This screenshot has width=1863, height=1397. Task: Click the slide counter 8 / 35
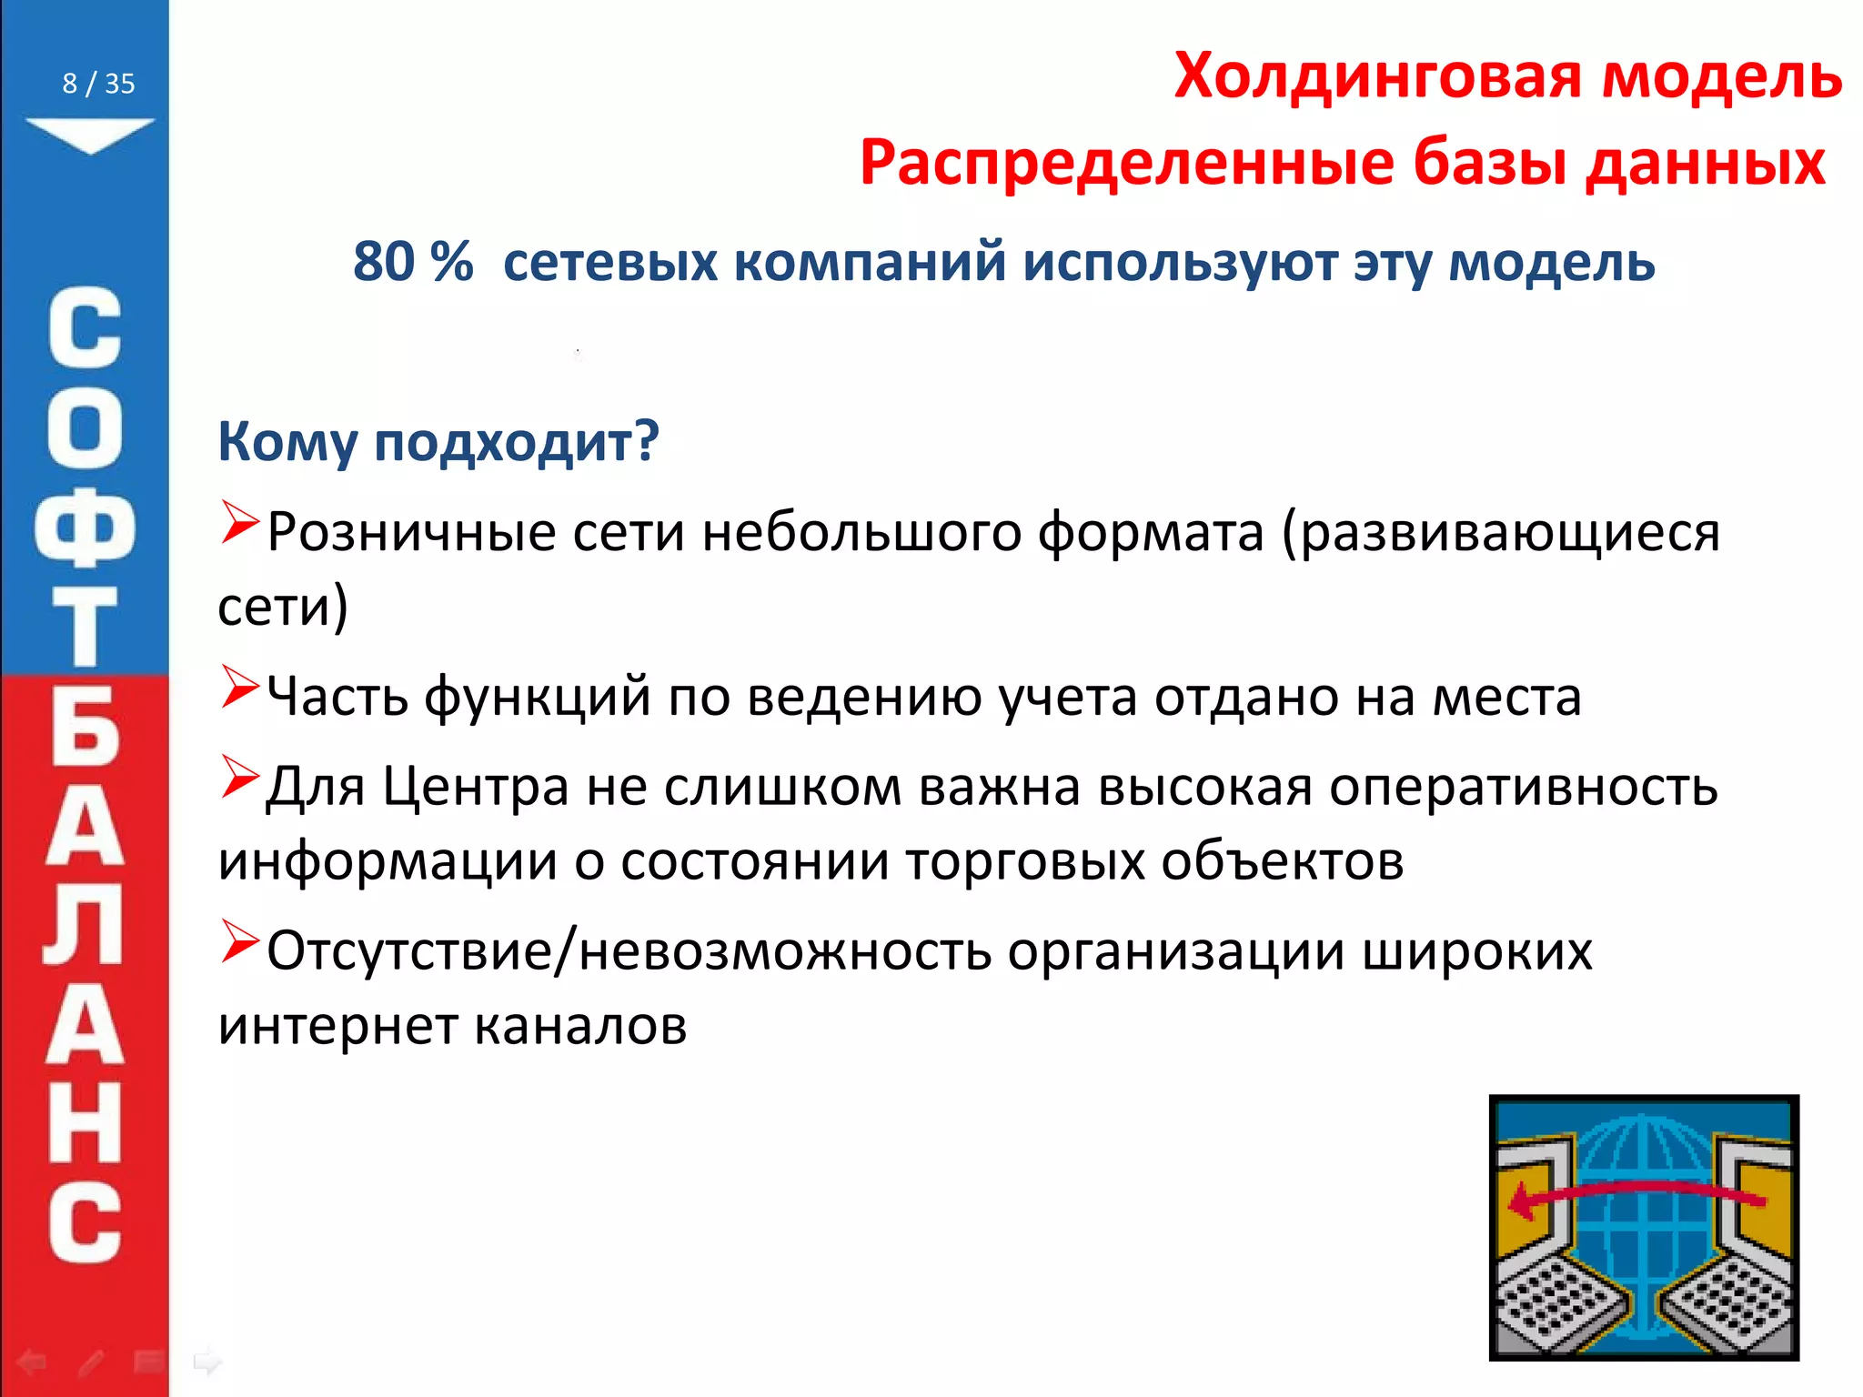(98, 84)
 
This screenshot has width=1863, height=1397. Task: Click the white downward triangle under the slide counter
(90, 134)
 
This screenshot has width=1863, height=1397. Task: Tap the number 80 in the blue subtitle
(384, 262)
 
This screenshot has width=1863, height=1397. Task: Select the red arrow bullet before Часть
(240, 688)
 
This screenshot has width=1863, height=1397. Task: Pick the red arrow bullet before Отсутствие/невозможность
(240, 942)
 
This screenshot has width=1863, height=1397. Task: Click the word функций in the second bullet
(538, 698)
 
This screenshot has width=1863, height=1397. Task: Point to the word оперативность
(1524, 787)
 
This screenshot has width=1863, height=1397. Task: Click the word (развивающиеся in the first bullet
(1501, 532)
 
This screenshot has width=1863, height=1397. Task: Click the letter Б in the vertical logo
(85, 728)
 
